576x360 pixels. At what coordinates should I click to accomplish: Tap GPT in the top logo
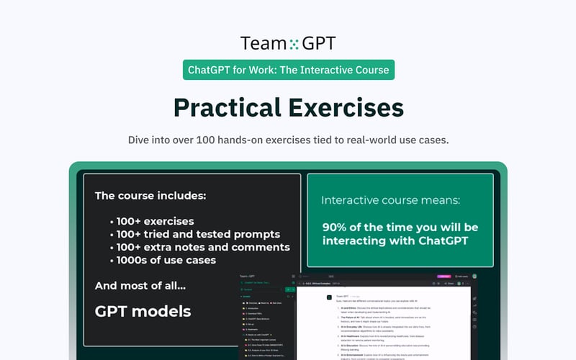click(318, 43)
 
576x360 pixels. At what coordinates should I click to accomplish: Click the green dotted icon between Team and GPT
click(293, 44)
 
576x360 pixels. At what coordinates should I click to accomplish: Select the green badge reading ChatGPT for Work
click(288, 70)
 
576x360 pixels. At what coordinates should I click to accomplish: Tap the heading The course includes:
click(150, 195)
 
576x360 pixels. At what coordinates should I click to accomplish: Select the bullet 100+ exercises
click(155, 221)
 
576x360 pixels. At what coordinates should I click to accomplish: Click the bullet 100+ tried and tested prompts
click(198, 234)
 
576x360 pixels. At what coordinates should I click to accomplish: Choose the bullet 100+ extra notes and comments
click(203, 247)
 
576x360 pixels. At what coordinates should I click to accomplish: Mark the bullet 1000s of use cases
click(166, 260)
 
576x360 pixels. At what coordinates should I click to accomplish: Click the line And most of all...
click(140, 286)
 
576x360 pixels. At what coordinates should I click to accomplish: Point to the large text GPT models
click(143, 311)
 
